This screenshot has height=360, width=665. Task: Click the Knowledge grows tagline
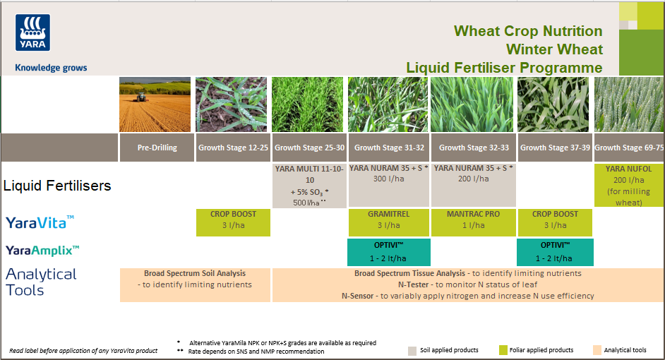click(51, 68)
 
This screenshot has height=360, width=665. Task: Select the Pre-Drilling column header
click(157, 148)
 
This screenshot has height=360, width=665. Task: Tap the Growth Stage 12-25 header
click(233, 148)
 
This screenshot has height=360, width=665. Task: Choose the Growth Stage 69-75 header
click(629, 148)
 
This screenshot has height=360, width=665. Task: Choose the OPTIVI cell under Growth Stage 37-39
click(555, 252)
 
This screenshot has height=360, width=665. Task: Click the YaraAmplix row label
click(42, 250)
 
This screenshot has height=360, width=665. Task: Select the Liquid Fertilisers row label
click(57, 186)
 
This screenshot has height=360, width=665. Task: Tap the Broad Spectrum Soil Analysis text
click(194, 273)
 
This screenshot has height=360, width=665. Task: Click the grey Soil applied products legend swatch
click(413, 350)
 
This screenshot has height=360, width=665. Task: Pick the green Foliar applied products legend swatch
click(503, 350)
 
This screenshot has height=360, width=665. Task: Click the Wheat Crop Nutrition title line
click(528, 31)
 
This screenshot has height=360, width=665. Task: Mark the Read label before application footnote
click(83, 351)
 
